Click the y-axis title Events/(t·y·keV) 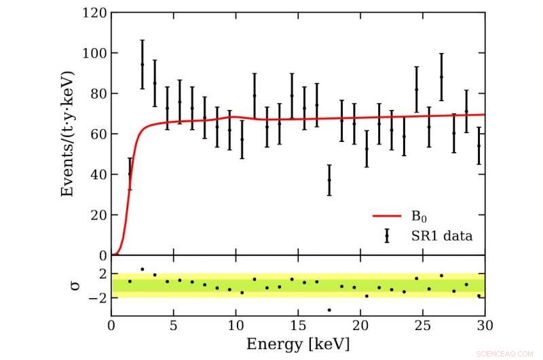coord(67,134)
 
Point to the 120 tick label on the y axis coord(94,12)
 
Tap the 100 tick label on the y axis coord(94,53)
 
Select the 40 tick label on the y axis coord(98,175)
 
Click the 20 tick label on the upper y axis coord(98,215)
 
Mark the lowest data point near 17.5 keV coord(329,180)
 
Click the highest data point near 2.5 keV coord(142,65)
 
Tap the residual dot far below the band coord(329,310)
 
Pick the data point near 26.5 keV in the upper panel coord(441,77)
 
